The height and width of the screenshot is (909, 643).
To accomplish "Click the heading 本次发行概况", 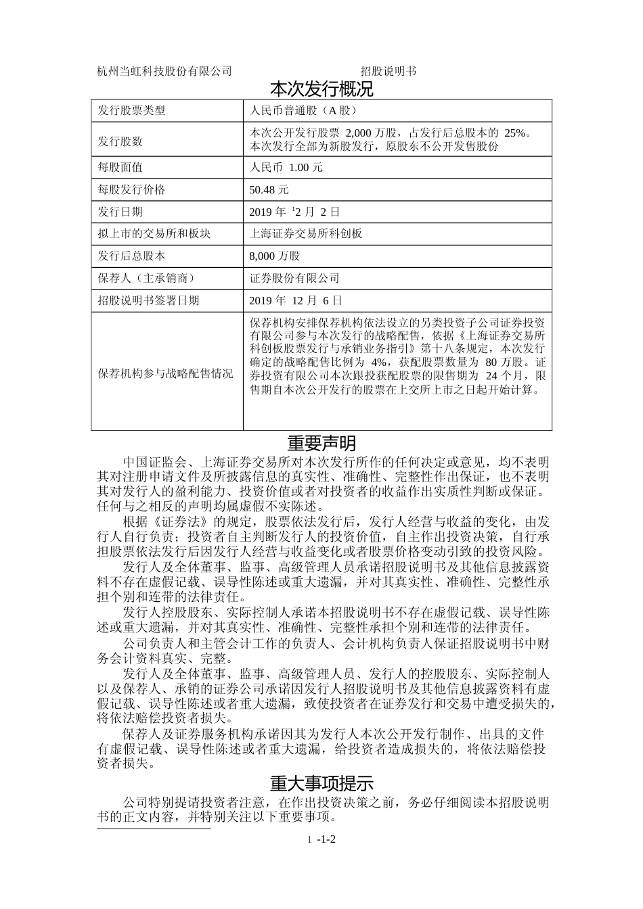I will tap(321, 89).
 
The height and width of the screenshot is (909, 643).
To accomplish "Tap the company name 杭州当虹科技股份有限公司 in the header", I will tap(164, 71).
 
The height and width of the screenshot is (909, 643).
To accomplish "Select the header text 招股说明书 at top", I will tap(388, 71).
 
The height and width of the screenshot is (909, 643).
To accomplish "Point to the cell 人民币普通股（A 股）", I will tap(303, 111).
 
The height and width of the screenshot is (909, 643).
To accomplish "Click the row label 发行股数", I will tap(120, 141).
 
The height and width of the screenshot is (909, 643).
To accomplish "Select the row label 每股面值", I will tap(120, 167).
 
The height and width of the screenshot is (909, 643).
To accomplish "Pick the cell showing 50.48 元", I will tap(269, 189).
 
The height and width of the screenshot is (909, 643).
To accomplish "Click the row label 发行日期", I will tap(120, 212).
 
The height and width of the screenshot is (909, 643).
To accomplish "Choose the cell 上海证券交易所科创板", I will tap(306, 234).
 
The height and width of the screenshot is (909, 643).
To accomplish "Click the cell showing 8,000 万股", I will tap(274, 256).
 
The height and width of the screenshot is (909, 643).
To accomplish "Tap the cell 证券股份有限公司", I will tap(294, 279).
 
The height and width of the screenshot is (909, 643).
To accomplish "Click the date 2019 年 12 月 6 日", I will tap(296, 301).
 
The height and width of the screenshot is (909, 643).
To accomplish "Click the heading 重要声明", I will tap(321, 444).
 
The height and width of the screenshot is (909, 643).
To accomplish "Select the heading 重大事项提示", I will tap(321, 784).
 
